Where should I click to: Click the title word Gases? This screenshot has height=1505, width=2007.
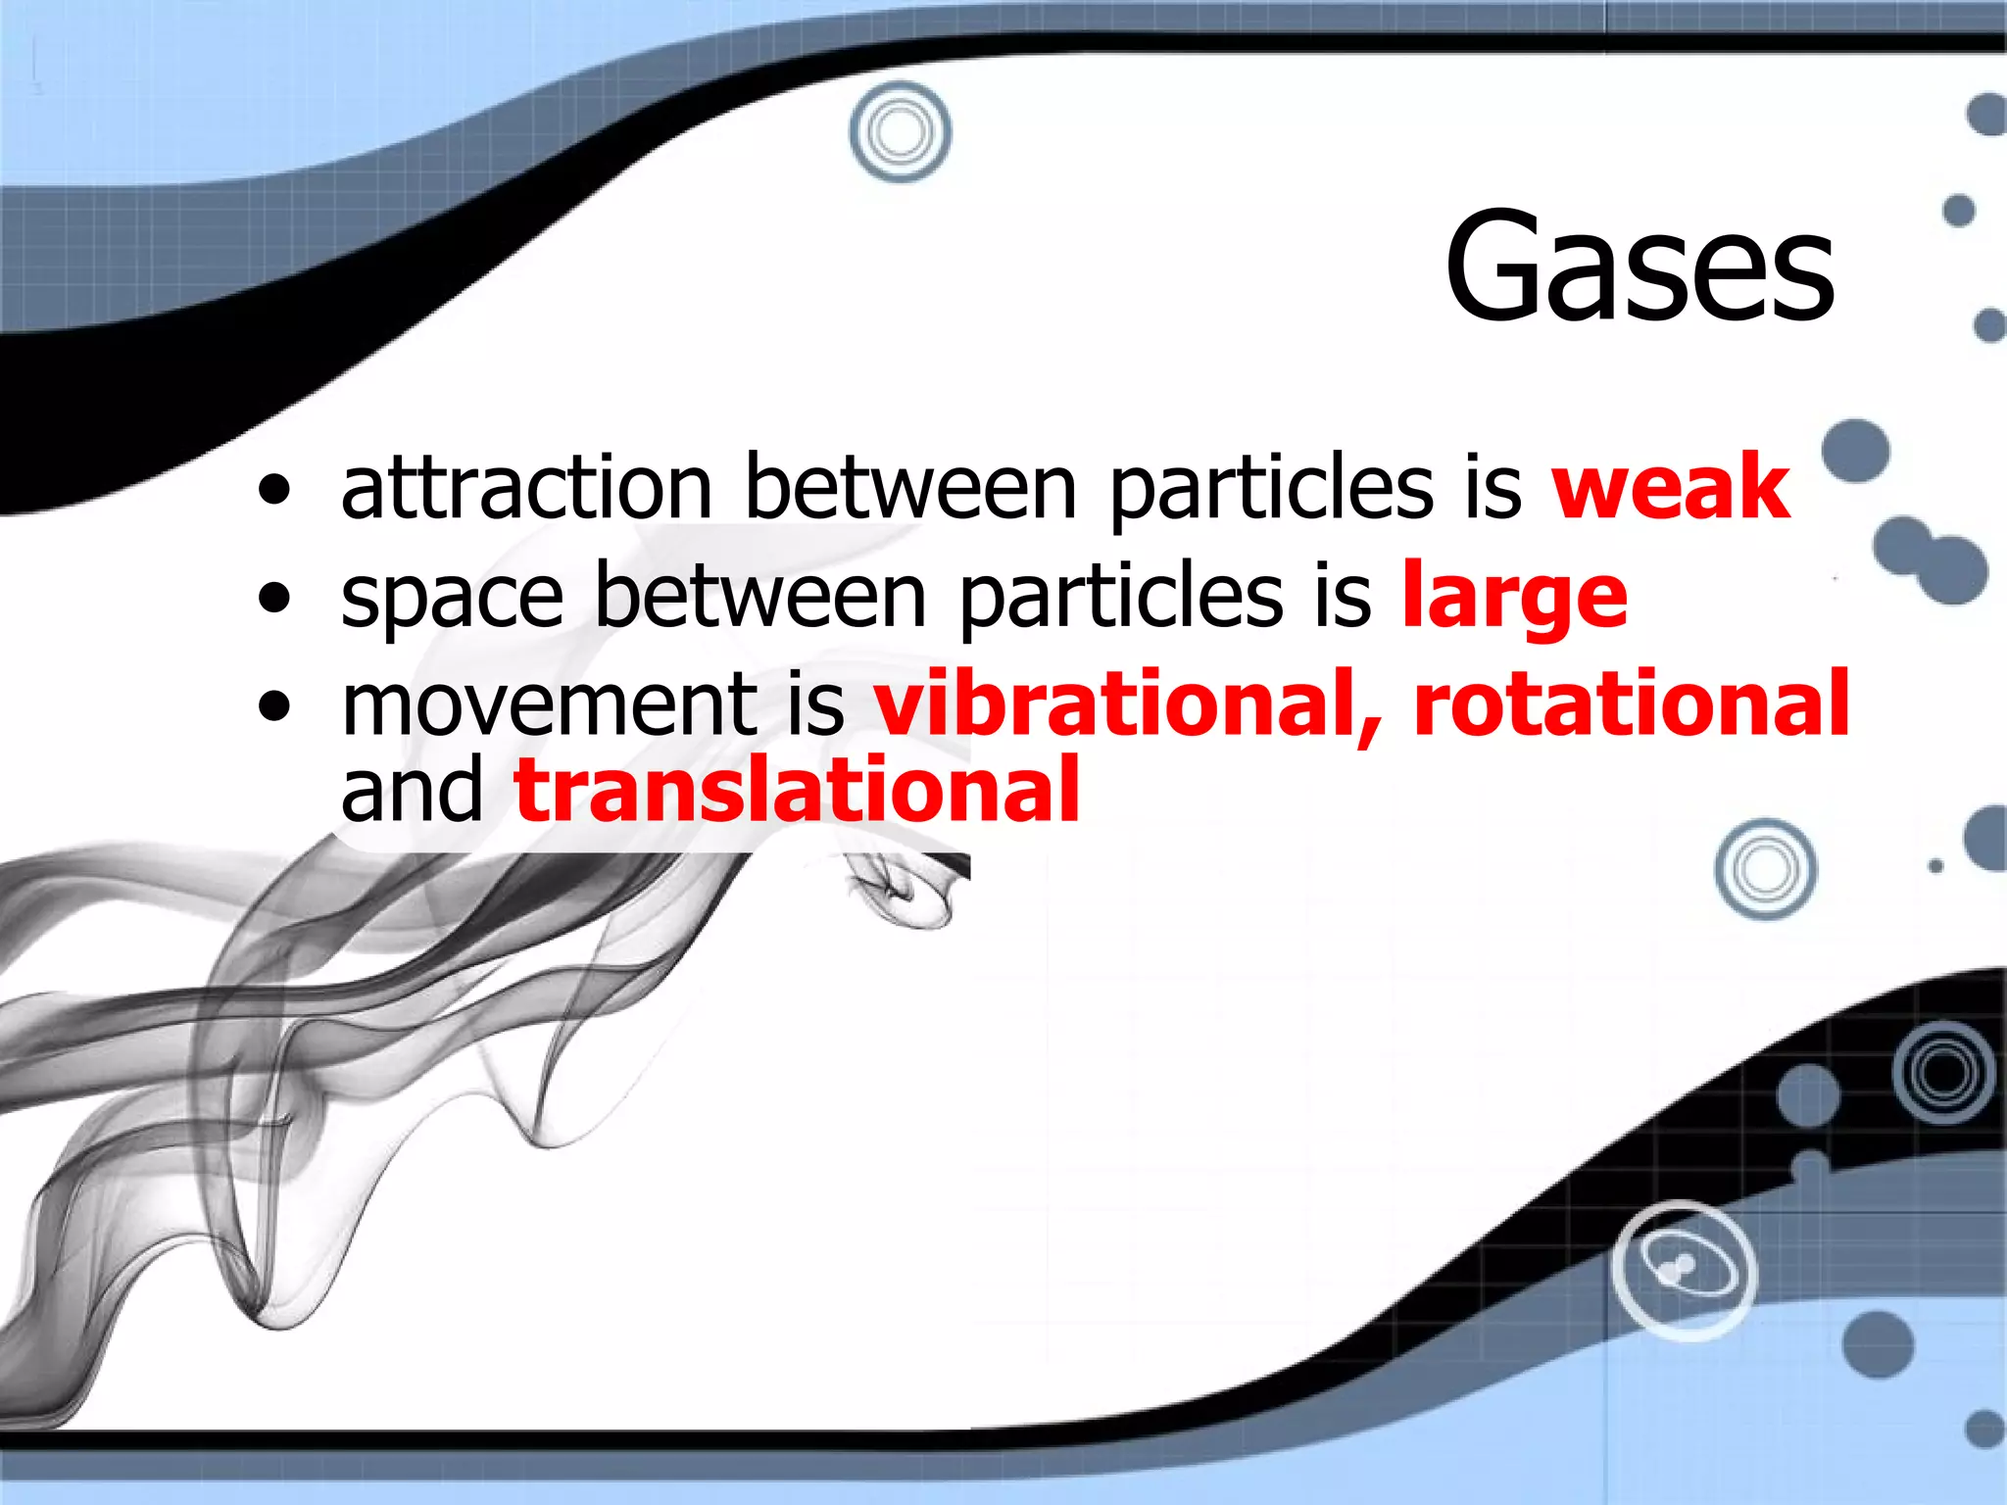coord(1640,267)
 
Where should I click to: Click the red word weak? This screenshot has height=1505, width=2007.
coord(1671,487)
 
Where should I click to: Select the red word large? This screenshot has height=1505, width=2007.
coord(1514,598)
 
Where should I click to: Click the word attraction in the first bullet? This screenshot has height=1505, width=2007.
coord(526,487)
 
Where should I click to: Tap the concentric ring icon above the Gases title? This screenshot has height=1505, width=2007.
coord(900,132)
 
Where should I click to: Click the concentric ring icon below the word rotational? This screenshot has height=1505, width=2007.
coord(1765,869)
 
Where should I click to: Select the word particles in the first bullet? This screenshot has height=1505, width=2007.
coord(1271,487)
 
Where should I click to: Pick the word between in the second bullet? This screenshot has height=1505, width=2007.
coord(759,598)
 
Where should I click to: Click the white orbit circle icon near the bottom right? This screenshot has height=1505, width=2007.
coord(1684,1270)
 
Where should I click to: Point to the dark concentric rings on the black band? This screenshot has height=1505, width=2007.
coord(1943,1072)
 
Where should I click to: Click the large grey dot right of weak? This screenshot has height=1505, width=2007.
coord(1855,452)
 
